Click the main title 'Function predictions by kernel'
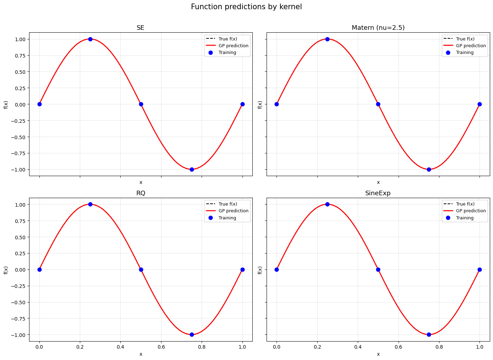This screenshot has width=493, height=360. point(246,7)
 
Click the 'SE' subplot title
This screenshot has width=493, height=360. point(141,28)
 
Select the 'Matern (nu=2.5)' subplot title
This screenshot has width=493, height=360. point(378,28)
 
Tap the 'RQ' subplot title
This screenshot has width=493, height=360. point(141,193)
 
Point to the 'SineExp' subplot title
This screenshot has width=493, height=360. point(378,193)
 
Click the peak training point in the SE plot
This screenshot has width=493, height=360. point(90,39)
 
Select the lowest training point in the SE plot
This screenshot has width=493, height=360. point(192,169)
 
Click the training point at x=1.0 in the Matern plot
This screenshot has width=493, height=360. point(480,104)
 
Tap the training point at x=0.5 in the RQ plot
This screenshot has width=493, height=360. point(141,269)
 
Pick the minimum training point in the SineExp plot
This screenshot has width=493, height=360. point(429,334)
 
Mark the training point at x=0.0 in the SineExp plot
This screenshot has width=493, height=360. point(276,269)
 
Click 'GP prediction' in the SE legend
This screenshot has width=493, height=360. point(233,46)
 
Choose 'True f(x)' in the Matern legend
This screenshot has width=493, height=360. point(465,39)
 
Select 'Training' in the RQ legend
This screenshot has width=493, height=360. point(227,218)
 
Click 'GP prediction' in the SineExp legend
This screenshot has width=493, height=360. point(471,211)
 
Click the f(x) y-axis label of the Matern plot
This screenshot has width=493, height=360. point(260,105)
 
